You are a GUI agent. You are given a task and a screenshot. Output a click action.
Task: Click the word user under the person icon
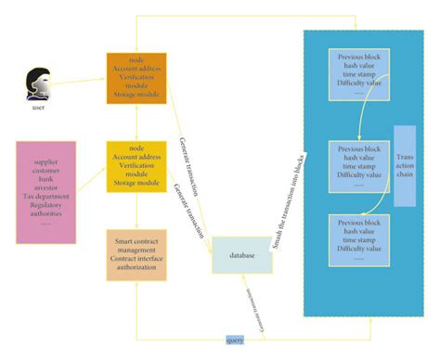[37, 109]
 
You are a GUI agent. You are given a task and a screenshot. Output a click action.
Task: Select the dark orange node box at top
[136, 79]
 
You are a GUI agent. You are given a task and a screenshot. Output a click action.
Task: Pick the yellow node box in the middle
[136, 167]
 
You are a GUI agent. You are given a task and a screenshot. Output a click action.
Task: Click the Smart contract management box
[136, 255]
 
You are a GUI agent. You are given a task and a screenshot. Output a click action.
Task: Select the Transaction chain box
[405, 166]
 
